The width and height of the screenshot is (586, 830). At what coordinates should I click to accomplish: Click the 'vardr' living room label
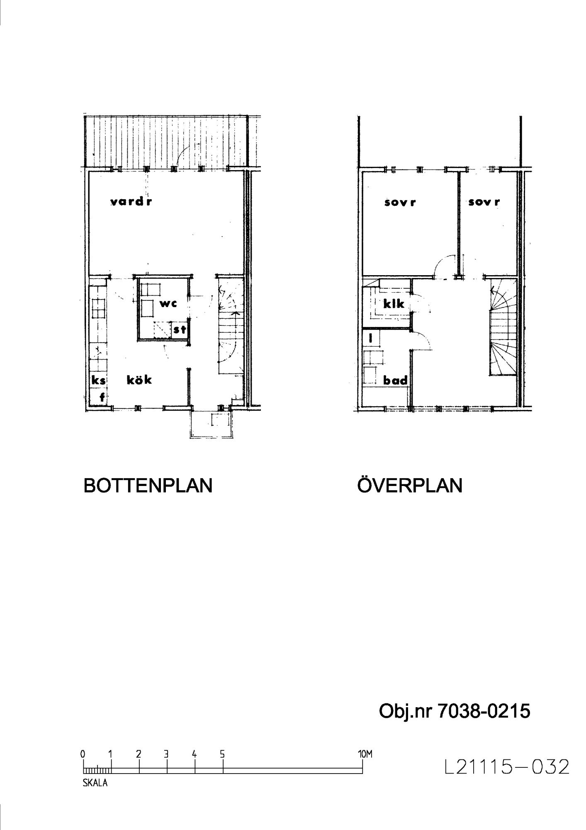coord(131,202)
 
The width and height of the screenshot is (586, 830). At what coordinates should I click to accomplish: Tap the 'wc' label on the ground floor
coord(168,304)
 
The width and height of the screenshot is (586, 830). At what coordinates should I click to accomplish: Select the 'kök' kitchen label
coord(139,379)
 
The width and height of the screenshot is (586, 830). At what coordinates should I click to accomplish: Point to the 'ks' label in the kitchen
coord(99,380)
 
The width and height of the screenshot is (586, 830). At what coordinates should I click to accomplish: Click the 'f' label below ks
coord(102,398)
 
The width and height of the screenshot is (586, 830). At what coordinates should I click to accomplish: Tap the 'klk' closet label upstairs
coord(394,304)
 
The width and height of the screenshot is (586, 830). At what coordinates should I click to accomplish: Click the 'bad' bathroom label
coord(395,380)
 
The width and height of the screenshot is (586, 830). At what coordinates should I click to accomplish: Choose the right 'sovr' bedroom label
coord(484,202)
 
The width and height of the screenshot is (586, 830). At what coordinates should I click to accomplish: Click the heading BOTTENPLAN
coord(148,486)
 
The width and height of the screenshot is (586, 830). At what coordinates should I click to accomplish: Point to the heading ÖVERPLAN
coord(410,485)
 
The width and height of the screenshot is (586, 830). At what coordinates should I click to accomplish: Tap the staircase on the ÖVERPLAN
coord(503,327)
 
